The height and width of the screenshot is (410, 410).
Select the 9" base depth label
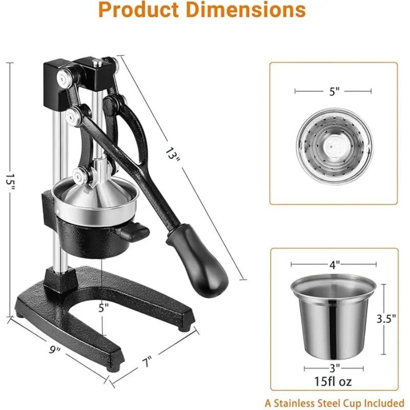[55, 350]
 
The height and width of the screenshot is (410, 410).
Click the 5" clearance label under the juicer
[104, 308]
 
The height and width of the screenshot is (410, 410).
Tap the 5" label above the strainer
[334, 91]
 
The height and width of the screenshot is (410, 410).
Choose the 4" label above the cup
[334, 265]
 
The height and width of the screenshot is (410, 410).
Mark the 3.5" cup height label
[386, 318]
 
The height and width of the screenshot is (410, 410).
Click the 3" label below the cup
[334, 367]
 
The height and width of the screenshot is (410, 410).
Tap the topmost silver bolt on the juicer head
[64, 78]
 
